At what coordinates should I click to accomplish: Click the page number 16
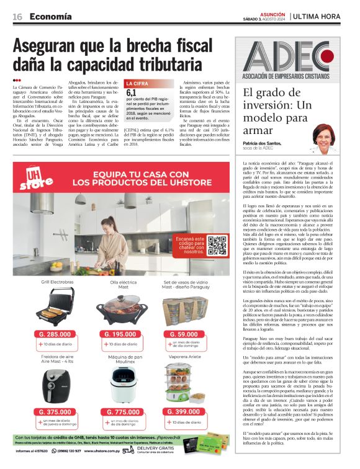pyautogui.click(x=17, y=16)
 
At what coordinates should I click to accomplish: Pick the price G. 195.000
pyautogui.click(x=118, y=334)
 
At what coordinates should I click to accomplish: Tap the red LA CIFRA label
pyautogui.click(x=138, y=83)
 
